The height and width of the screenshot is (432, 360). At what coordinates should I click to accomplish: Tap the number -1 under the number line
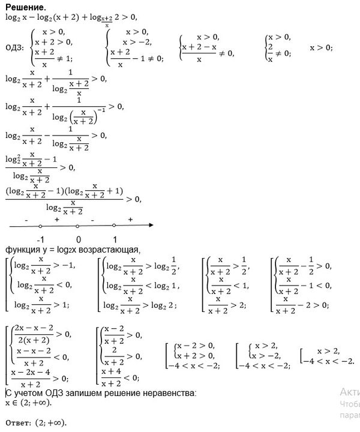[40, 240]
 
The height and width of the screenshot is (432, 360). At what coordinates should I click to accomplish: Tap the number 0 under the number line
[78, 240]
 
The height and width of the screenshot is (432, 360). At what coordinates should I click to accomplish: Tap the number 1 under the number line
[115, 240]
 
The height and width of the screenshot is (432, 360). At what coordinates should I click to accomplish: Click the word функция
[22, 250]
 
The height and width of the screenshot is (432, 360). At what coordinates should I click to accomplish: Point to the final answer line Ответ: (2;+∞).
[35, 422]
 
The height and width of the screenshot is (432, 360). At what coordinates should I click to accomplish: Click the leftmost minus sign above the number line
[25, 220]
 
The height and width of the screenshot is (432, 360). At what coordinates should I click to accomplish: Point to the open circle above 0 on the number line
[78, 226]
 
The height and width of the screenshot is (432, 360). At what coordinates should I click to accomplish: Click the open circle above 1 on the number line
[114, 226]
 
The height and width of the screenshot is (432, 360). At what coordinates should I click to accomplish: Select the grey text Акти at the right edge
[350, 392]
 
